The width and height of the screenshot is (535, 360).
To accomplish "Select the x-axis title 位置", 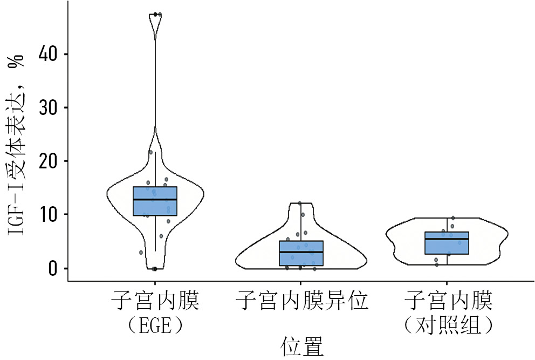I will coord(301,346).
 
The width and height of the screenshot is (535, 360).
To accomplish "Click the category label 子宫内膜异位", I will coord(301,301).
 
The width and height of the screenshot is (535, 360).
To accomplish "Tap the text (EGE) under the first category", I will coord(155,325).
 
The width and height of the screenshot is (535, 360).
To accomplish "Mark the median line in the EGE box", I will coord(155,200).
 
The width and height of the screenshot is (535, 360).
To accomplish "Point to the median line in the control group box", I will coord(447,239).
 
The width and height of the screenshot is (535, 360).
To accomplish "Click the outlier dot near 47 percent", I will coord(155,14).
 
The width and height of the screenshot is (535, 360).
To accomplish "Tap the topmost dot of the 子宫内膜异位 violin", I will coord(300,203).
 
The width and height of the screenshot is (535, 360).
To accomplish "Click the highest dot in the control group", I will coord(453,218).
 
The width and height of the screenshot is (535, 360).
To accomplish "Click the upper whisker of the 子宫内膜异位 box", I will coord(301,222).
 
